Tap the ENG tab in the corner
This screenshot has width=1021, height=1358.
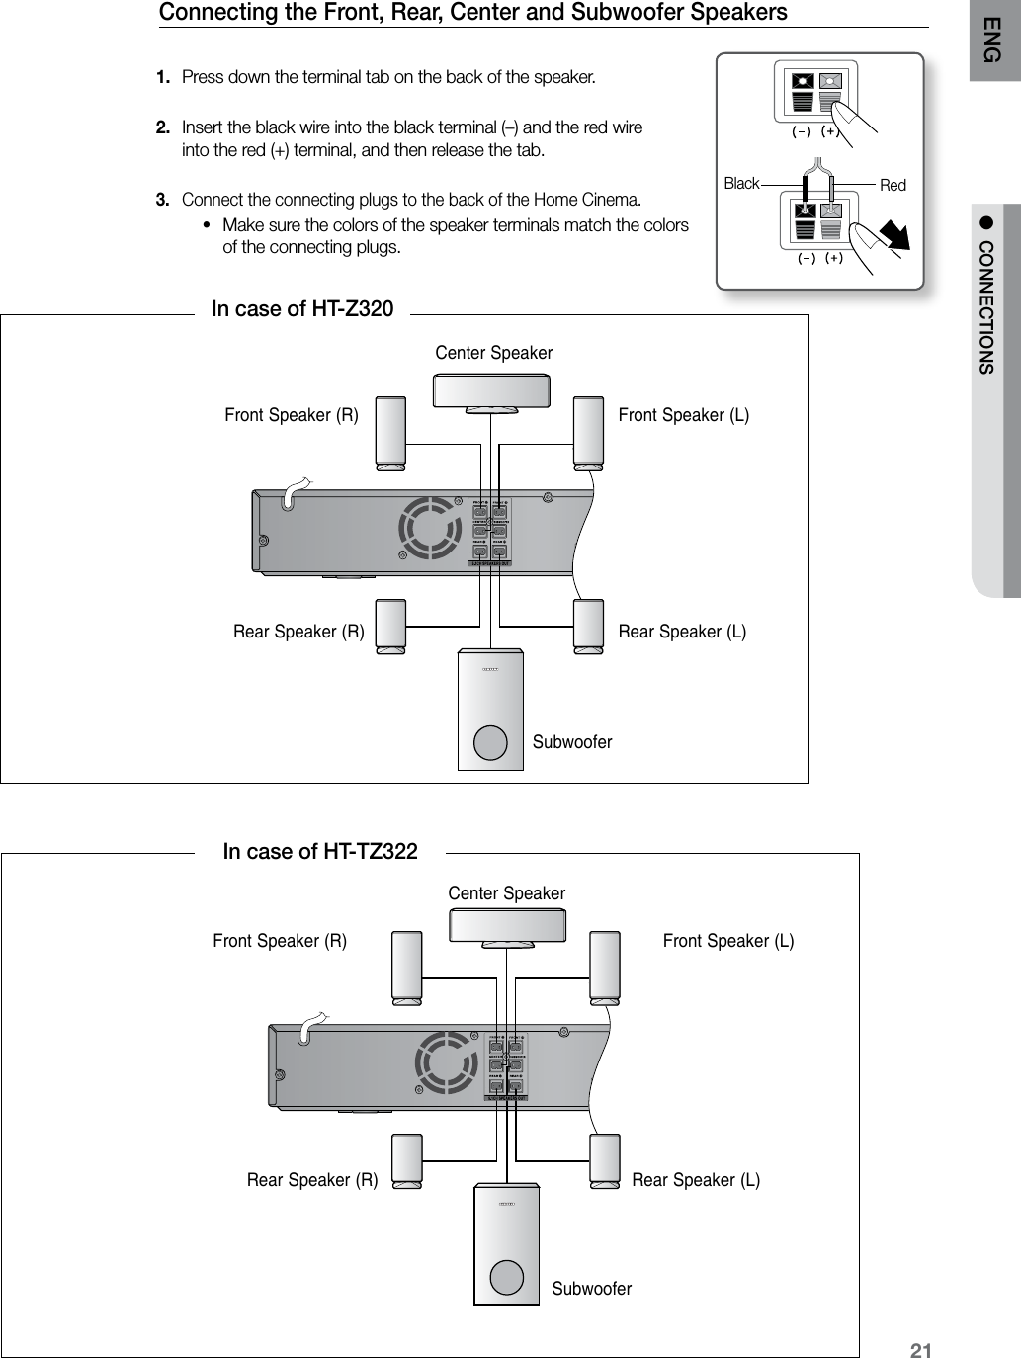(x=994, y=44)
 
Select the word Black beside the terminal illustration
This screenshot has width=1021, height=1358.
(x=741, y=184)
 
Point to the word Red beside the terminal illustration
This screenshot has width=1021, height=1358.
(x=893, y=186)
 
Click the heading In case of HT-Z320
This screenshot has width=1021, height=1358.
(x=302, y=309)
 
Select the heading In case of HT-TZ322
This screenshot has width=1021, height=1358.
(x=320, y=851)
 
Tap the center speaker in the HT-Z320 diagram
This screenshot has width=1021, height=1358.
(x=493, y=389)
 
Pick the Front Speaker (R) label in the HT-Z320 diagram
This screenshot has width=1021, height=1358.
(x=292, y=415)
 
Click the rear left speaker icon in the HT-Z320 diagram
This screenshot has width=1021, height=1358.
(x=588, y=625)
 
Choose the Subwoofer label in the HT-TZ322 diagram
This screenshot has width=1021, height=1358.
(x=591, y=1289)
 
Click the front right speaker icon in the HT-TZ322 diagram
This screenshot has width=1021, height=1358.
(x=407, y=967)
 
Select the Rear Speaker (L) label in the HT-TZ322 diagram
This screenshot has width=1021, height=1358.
(x=696, y=1180)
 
